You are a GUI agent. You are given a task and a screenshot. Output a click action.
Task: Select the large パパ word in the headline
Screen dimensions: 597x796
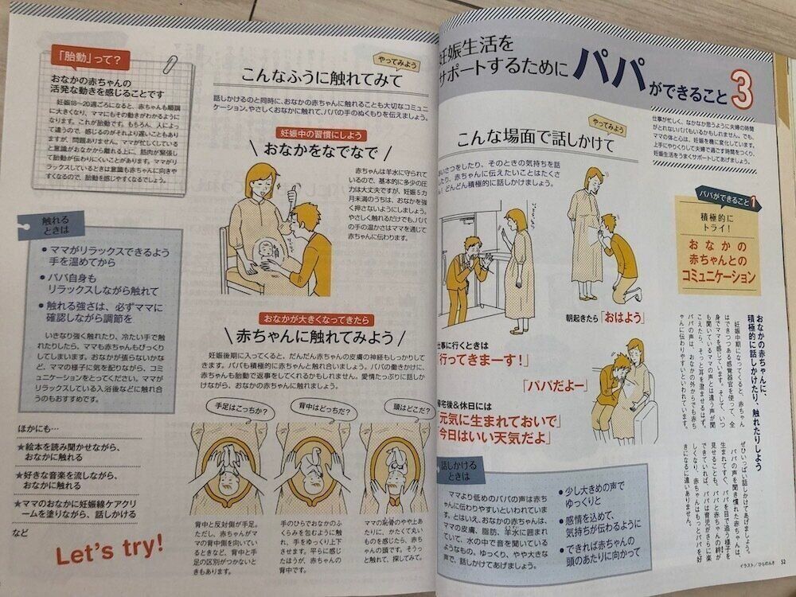point(617,72)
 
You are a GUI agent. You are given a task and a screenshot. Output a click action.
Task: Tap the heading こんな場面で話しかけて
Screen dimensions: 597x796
point(525,145)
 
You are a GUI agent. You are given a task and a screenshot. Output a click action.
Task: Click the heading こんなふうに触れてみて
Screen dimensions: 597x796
point(314,78)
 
